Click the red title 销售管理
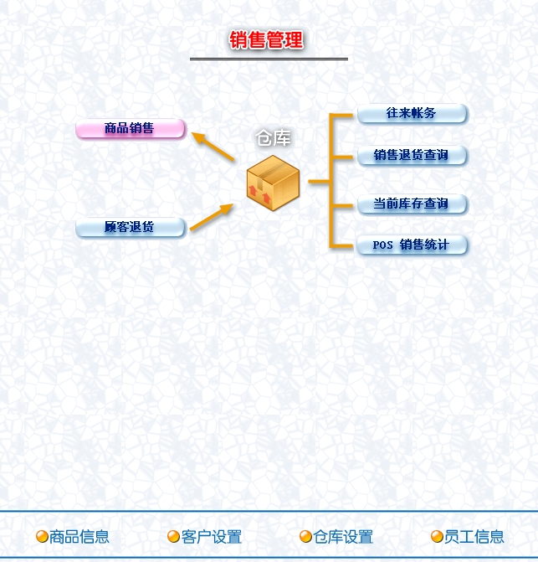pos(266,39)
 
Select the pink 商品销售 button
pos(130,129)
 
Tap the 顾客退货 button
pos(130,227)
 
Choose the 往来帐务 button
pos(411,113)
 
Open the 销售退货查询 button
pos(411,155)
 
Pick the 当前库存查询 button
pos(411,204)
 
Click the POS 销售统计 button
pos(411,245)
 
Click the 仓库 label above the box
pos(273,138)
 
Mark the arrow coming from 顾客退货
pos(212,217)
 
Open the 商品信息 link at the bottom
pos(79,537)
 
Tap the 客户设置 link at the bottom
pos(212,537)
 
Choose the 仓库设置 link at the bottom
pos(343,537)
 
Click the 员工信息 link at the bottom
pos(474,537)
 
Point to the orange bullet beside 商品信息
pos(42,537)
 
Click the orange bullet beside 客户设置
pos(173,537)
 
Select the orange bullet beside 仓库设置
pos(305,537)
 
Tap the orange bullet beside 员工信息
pos(437,537)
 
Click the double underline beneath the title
pos(269,59)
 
